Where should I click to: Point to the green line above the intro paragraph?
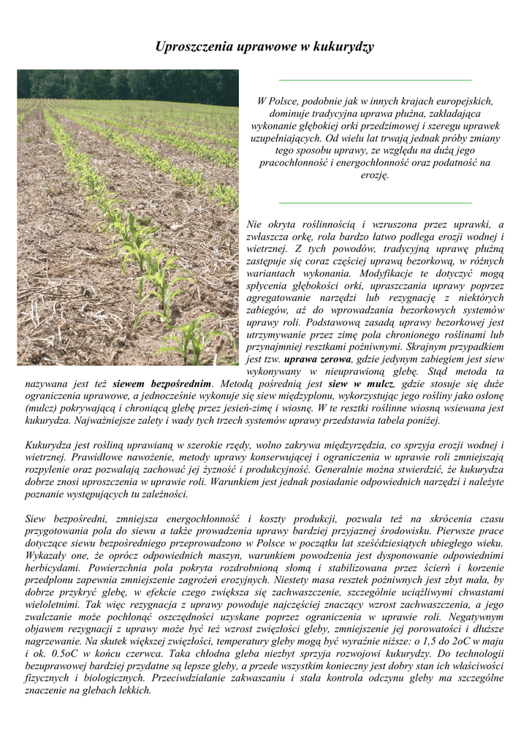[376, 80]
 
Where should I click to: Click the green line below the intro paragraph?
[376, 202]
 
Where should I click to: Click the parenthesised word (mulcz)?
[45, 408]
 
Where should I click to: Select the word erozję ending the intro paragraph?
[376, 175]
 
